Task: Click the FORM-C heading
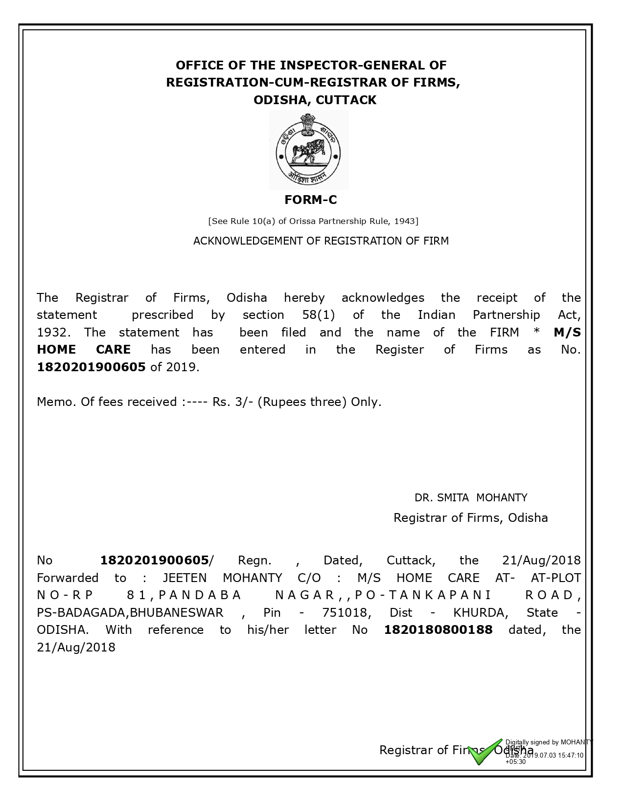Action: [311, 200]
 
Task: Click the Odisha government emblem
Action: [309, 150]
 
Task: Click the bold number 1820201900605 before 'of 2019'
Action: [91, 367]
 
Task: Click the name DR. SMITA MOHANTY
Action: [471, 498]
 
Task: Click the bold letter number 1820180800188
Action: [438, 630]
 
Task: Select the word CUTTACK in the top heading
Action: [346, 100]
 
